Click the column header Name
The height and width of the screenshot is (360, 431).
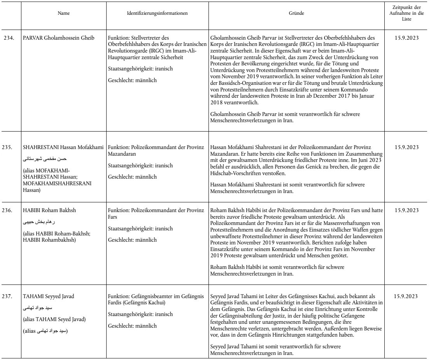click(61, 14)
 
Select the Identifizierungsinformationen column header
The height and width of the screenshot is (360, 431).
click(157, 14)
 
